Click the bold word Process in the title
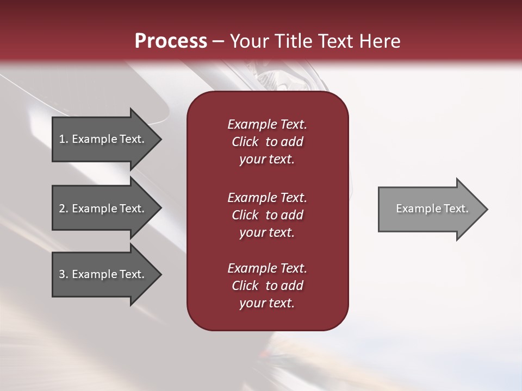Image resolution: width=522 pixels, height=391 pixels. coord(171,41)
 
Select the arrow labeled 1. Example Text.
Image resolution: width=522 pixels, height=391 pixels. coord(103,139)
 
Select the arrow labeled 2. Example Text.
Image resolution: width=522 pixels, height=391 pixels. coord(103,209)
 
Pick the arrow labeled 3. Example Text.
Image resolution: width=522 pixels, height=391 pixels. coord(103,274)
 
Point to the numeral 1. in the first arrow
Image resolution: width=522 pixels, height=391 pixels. coord(63,139)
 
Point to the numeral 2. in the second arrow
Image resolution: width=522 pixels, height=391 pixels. coord(63,209)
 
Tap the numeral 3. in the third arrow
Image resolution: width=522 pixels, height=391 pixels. coord(63,274)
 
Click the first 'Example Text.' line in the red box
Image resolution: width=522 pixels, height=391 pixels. coord(267,124)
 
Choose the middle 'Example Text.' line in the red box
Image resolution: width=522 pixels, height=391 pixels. coord(267,198)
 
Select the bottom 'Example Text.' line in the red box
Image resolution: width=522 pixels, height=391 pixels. coord(267,268)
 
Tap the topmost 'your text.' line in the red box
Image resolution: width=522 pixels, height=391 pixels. coord(267,159)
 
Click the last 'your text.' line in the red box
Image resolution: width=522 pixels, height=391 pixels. coord(267,303)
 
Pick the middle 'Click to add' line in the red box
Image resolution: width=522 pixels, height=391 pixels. coord(267,215)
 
